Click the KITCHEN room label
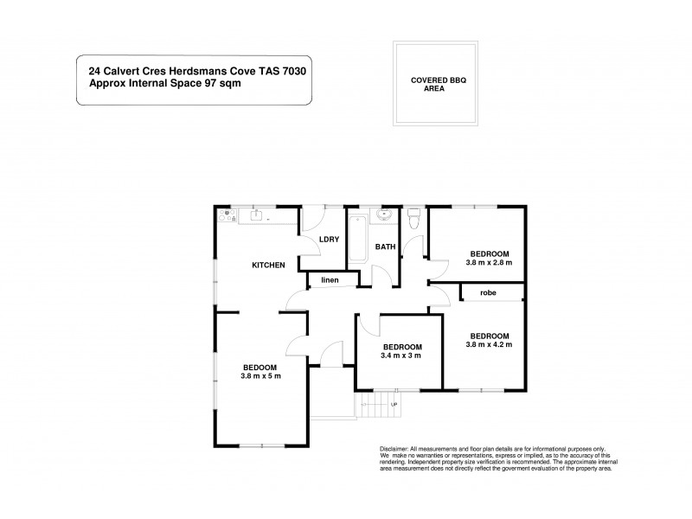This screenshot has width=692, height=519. [x=268, y=265]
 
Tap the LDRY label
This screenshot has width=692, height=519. [x=328, y=240]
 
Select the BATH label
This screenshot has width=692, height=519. [x=385, y=247]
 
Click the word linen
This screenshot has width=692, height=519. [x=330, y=280]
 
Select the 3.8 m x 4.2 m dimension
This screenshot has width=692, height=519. [x=490, y=343]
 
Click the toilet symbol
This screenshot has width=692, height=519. [x=414, y=216]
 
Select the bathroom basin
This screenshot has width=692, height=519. [x=385, y=215]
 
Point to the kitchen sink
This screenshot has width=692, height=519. [x=257, y=215]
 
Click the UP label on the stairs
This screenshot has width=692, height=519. [x=394, y=404]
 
